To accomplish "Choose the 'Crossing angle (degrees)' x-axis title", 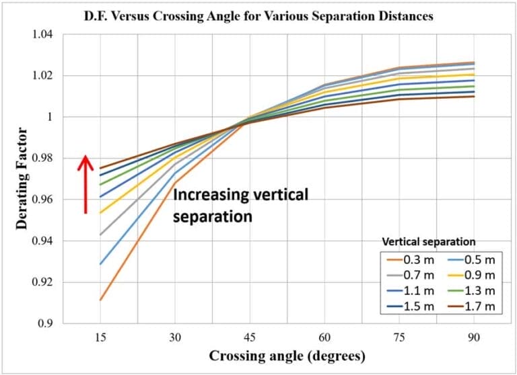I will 287,356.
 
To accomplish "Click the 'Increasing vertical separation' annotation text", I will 240,206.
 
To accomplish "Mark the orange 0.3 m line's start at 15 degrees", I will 100,300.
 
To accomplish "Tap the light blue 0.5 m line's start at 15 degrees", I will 100,264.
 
